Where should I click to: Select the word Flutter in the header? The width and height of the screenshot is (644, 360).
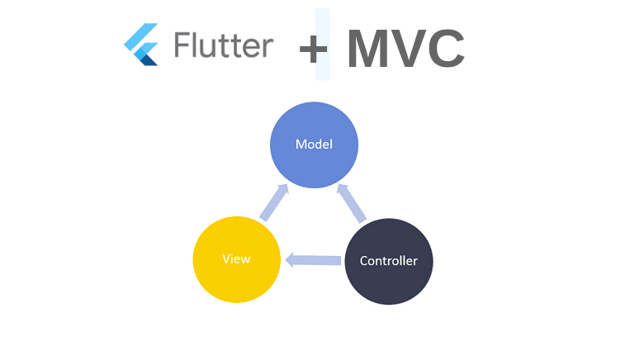coord(223,45)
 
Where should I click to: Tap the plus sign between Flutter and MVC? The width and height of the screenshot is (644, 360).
coord(314,50)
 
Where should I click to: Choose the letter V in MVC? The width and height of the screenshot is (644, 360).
coord(410,49)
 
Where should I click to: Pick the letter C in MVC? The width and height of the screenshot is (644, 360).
coord(447,49)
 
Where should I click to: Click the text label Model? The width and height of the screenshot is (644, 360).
coord(314,144)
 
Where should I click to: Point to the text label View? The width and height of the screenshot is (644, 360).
coord(236,258)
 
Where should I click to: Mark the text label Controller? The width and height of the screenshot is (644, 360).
coord(388,261)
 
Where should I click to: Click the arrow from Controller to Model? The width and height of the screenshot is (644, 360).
coord(352,203)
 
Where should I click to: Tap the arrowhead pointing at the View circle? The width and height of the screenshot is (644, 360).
coord(291,260)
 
